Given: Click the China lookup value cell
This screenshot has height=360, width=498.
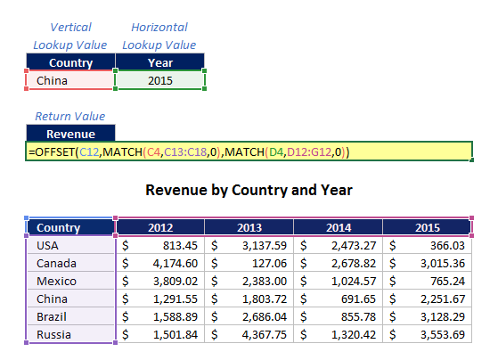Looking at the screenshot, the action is (x=70, y=80).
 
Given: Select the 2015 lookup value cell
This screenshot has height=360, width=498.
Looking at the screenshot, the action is (x=159, y=80).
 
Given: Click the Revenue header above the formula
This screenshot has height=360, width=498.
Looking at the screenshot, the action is (x=70, y=134).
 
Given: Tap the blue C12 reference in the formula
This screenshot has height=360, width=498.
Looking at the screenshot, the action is (x=89, y=151).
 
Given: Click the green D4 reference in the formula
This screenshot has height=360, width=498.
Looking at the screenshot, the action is (x=276, y=151).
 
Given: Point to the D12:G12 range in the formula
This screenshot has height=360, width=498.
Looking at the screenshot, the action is (x=309, y=151).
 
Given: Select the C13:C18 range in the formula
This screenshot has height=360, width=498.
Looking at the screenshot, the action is (x=185, y=151).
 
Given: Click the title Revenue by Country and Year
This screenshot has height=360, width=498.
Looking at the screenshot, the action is (x=249, y=190).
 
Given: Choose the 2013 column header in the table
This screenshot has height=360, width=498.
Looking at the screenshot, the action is (x=249, y=227).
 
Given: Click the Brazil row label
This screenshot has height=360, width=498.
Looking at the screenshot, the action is (x=52, y=317).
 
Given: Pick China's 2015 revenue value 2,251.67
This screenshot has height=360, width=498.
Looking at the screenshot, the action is (x=443, y=299).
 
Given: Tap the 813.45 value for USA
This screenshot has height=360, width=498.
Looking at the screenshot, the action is (x=180, y=246).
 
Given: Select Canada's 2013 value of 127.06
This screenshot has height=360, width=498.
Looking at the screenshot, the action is (x=269, y=264).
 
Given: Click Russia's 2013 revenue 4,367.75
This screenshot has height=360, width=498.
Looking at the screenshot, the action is (x=265, y=334).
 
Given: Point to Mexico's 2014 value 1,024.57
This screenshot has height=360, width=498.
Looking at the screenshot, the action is (x=354, y=282).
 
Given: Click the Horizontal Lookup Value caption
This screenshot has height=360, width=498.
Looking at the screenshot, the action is (x=159, y=36).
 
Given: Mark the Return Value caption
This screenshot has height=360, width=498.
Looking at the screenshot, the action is (x=70, y=117).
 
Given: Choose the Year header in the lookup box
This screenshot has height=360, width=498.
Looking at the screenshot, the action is (x=160, y=62).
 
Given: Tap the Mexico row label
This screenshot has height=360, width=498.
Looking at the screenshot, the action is (x=56, y=282).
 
